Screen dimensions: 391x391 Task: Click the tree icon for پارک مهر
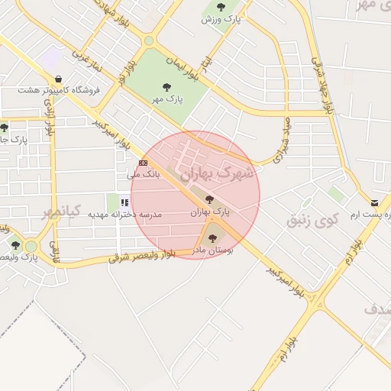click(166, 86)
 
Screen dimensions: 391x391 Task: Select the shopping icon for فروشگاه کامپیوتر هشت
click(59, 78)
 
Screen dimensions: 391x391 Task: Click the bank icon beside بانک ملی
click(143, 163)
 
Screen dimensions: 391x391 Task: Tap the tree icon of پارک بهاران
click(209, 199)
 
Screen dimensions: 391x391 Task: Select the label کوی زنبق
click(312, 221)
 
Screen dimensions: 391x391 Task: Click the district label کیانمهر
click(61, 212)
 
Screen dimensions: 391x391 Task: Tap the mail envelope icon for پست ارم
click(374, 203)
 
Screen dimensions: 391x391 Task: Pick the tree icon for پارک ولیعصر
click(15, 245)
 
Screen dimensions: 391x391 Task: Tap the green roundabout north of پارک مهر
click(149, 40)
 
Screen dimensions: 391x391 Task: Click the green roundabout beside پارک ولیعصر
click(31, 246)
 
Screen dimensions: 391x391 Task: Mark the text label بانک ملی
click(143, 175)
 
